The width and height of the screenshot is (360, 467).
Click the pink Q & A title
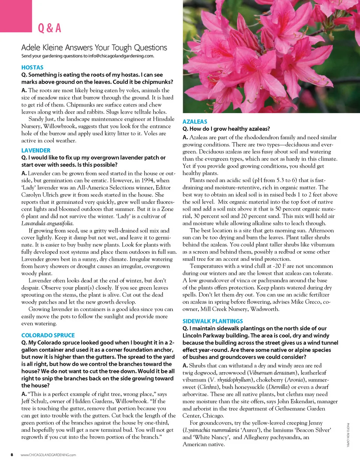(x=49, y=28)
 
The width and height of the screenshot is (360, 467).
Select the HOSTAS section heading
(x=32, y=67)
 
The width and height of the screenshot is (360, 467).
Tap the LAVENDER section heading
(x=36, y=150)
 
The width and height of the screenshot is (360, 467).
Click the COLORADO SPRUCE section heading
(x=48, y=335)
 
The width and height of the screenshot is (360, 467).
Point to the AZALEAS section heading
(x=195, y=121)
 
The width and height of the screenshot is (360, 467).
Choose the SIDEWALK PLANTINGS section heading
(x=213, y=321)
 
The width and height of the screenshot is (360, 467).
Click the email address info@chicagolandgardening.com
(x=121, y=56)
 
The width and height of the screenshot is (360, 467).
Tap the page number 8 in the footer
(x=12, y=455)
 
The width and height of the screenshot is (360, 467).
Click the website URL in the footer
(x=48, y=455)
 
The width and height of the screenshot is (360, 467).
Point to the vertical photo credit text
(x=348, y=435)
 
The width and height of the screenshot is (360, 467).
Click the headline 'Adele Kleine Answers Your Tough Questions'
(x=94, y=48)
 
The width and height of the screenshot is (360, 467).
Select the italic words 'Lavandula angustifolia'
(x=47, y=223)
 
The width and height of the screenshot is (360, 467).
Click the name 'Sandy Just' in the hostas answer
(x=42, y=119)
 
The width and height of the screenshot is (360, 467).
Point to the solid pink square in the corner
(x=16, y=16)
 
